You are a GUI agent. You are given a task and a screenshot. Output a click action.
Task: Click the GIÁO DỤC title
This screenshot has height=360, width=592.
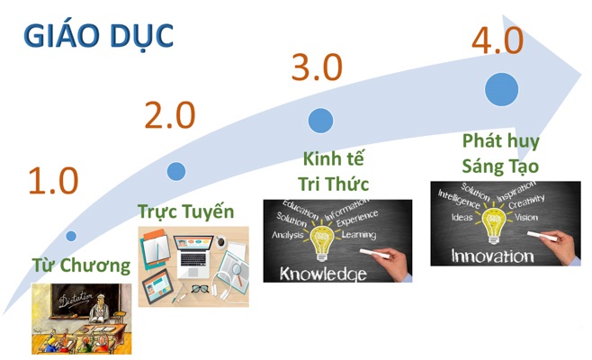(x=98, y=37)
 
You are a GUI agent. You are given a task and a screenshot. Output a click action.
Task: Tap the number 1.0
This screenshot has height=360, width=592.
(x=53, y=181)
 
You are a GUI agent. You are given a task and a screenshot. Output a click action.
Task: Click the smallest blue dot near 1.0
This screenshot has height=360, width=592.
(x=71, y=236)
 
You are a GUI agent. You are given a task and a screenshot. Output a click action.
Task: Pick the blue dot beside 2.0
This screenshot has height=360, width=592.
(x=176, y=170)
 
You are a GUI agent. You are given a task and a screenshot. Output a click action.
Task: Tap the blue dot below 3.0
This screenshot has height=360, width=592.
(x=320, y=121)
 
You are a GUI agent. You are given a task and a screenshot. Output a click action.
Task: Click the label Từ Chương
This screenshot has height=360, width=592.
(x=81, y=265)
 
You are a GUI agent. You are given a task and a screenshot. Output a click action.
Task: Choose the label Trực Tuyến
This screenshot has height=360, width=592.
(x=186, y=212)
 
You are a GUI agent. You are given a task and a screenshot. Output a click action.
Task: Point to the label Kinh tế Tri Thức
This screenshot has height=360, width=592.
(x=334, y=173)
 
